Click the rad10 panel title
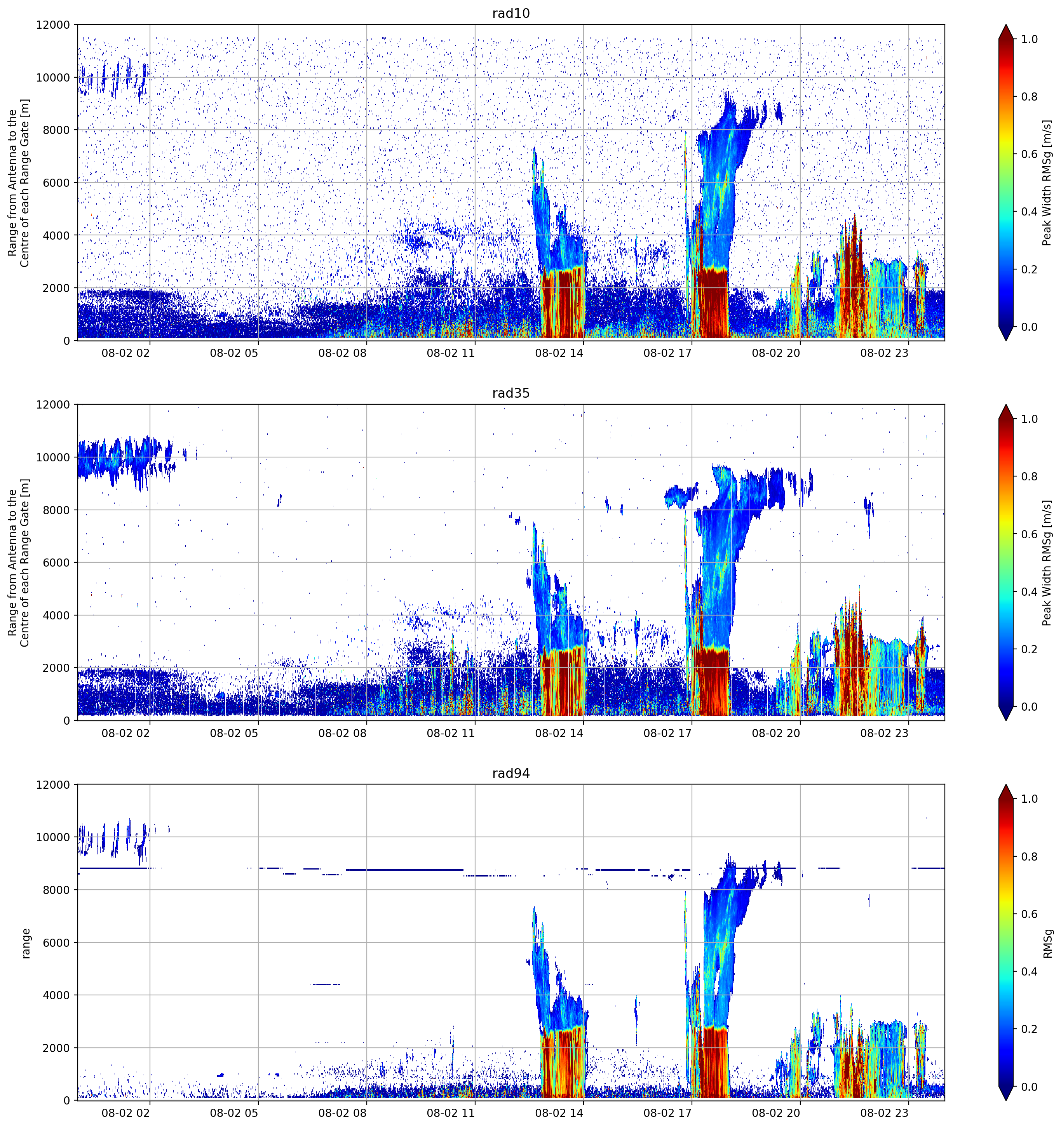510,13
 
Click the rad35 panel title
510,393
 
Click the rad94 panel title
510,773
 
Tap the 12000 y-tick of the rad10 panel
53,25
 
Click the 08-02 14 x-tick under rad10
559,353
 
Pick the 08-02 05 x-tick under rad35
234,733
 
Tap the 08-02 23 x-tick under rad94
884,1113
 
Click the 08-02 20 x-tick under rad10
776,353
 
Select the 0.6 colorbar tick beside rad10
1029,154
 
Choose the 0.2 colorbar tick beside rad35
1029,649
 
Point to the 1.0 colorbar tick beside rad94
1029,799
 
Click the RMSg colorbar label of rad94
1047,943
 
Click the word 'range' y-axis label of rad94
26,943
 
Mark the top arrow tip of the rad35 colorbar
1005,405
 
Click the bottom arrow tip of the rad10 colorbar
1005,340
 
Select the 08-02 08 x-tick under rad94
343,1113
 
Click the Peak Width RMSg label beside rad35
1047,562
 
